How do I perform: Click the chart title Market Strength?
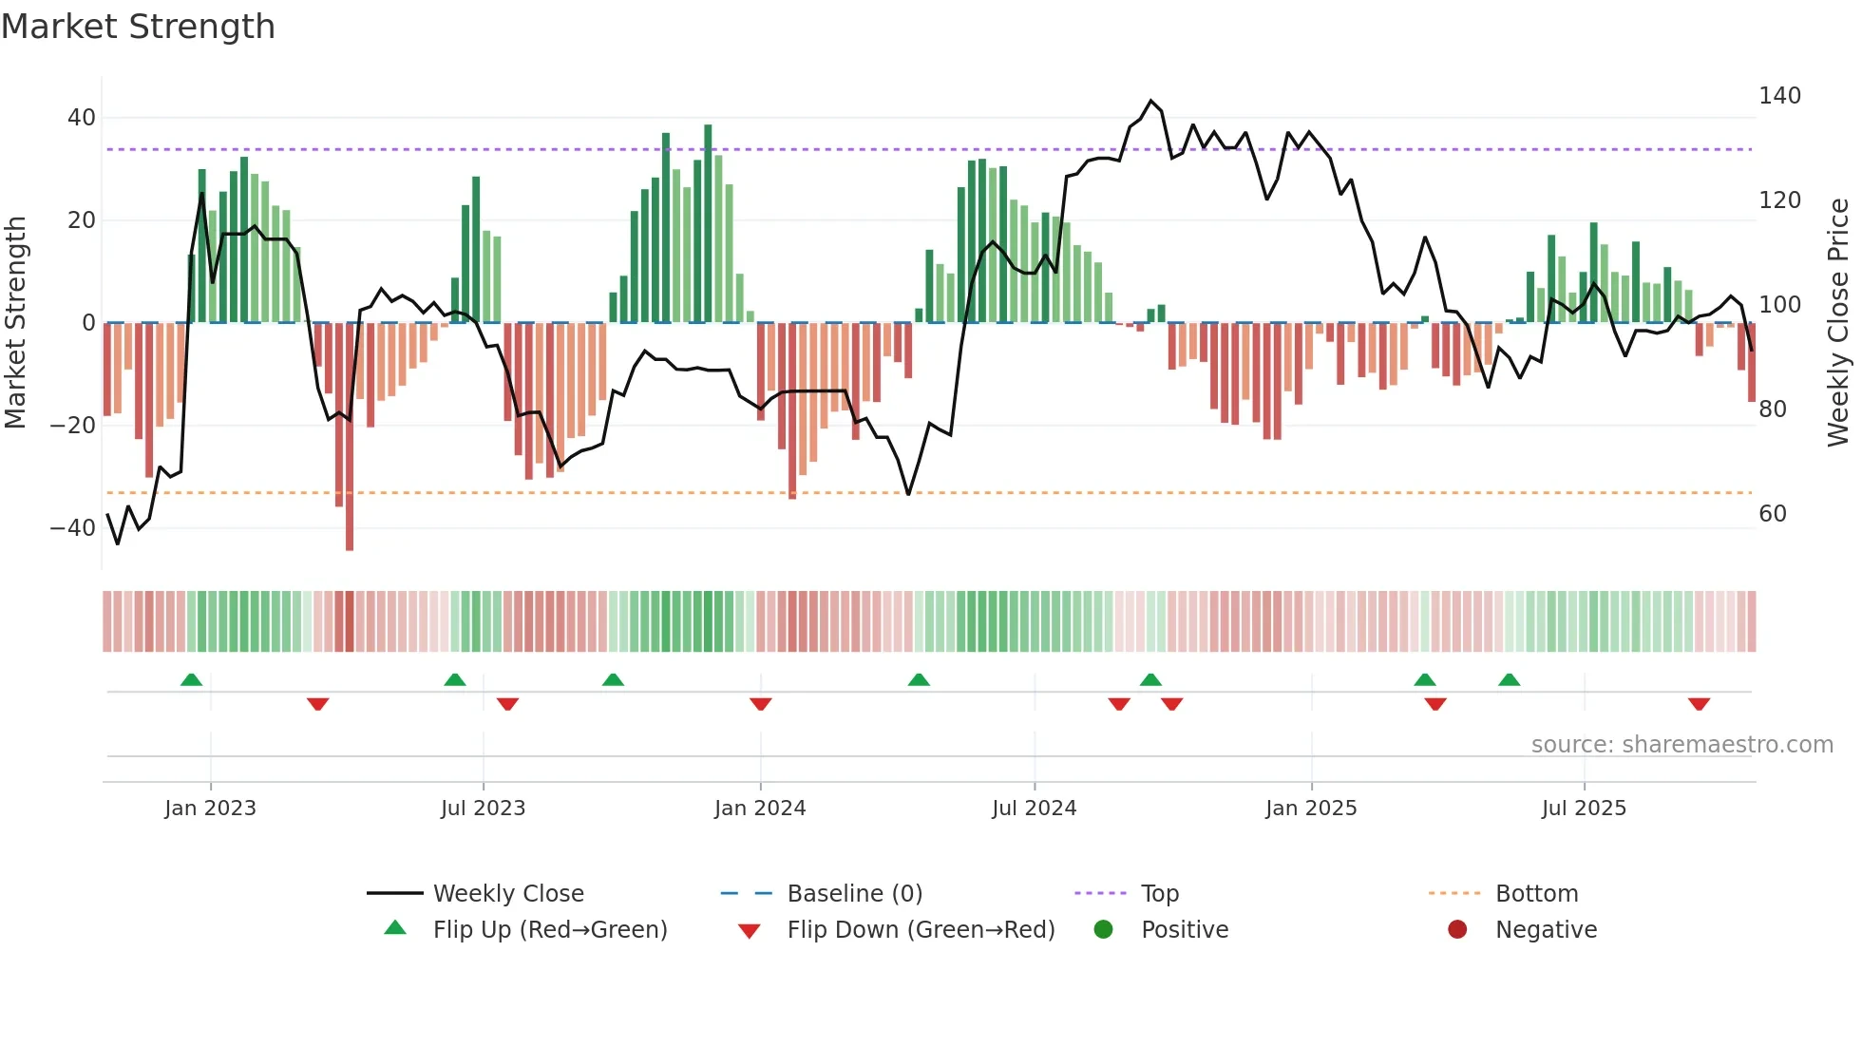(138, 27)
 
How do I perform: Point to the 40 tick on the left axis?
(81, 118)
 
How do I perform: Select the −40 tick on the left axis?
(73, 528)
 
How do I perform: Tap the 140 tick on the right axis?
(1779, 96)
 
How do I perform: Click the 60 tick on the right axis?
(1773, 514)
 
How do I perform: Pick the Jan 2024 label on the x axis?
(759, 809)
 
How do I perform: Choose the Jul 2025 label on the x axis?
(1584, 809)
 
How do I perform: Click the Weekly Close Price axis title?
(1838, 323)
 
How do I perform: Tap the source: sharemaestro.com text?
(1681, 745)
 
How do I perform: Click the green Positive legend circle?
(1103, 930)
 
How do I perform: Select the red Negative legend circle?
(1457, 930)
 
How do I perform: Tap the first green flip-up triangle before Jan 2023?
(191, 680)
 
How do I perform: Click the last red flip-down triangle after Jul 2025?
(1699, 704)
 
